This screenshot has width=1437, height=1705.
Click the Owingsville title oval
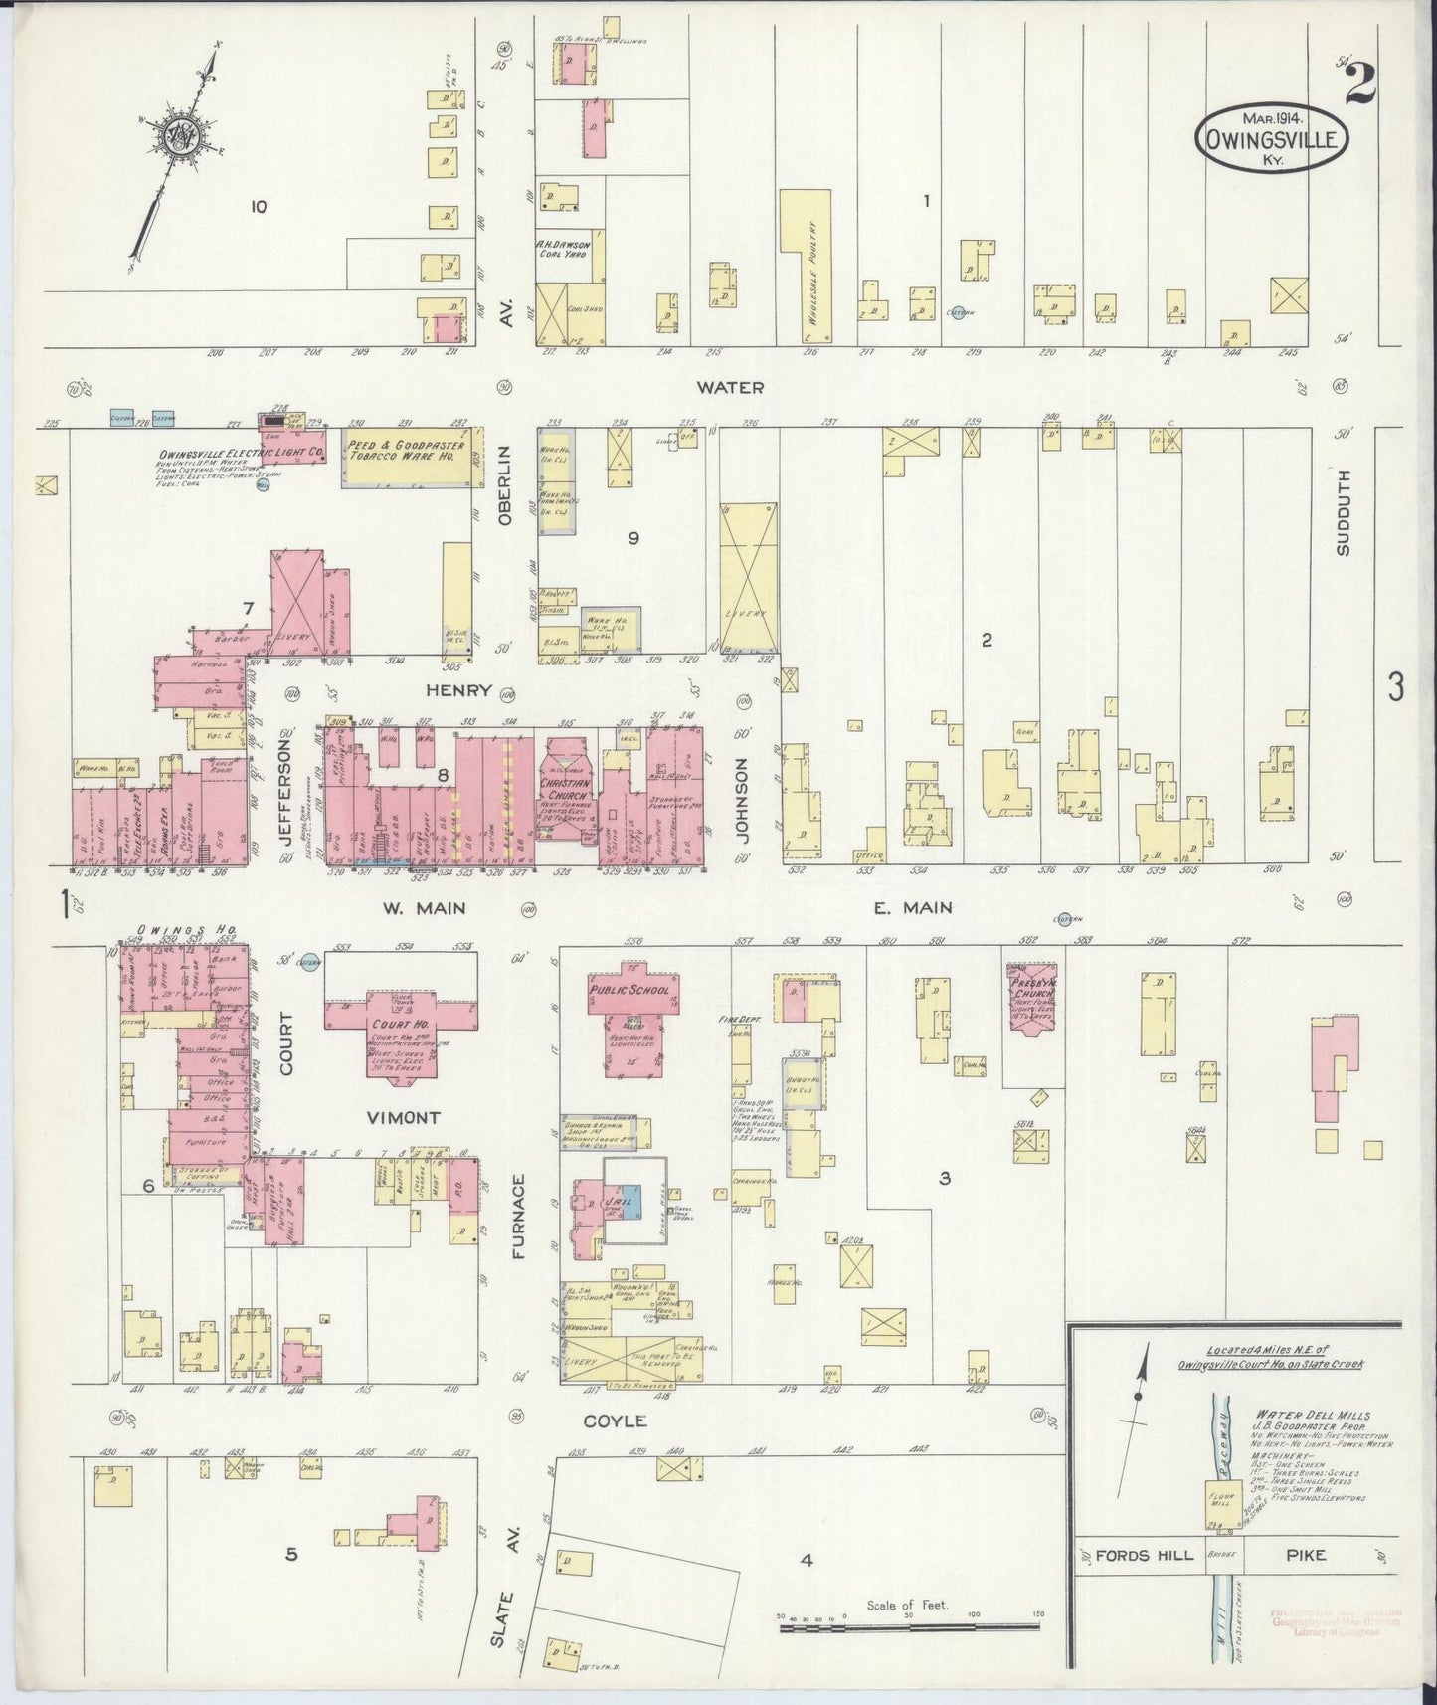[x=1272, y=141]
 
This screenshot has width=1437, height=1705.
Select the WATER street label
[x=730, y=387]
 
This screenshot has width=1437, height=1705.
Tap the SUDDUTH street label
[x=1344, y=526]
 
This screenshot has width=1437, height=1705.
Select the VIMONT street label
[x=403, y=1118]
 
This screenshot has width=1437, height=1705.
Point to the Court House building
[x=403, y=1032]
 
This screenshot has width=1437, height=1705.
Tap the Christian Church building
[x=565, y=791]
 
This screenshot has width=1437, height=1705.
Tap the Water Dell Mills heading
[x=1312, y=1415]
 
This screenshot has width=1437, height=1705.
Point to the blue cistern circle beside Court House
[x=309, y=963]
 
